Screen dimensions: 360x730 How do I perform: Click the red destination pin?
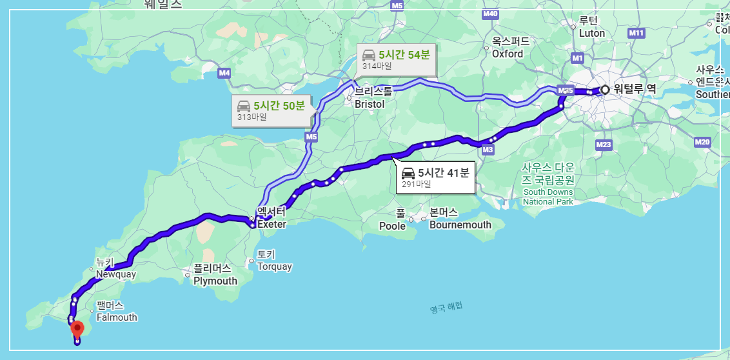click(x=77, y=329)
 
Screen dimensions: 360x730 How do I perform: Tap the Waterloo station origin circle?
click(x=605, y=90)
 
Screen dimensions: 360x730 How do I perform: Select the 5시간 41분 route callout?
click(x=436, y=176)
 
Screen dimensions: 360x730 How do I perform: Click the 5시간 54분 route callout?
click(x=397, y=59)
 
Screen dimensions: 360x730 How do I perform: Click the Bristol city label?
click(x=370, y=104)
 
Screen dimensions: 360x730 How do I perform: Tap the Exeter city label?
click(x=271, y=224)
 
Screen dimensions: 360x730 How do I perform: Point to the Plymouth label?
click(x=215, y=281)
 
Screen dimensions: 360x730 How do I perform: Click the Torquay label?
click(x=274, y=266)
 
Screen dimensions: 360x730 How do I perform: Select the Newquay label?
click(x=116, y=274)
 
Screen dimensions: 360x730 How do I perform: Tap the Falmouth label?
click(x=117, y=317)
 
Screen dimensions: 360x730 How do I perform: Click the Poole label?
click(x=392, y=226)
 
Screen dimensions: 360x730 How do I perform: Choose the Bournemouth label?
click(x=460, y=225)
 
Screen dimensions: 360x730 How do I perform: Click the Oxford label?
click(x=508, y=54)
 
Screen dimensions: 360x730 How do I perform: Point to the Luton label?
click(x=591, y=33)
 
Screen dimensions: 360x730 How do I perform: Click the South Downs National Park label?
click(x=548, y=196)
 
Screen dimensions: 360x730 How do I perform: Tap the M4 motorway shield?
click(x=224, y=73)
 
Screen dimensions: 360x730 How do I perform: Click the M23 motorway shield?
click(x=603, y=145)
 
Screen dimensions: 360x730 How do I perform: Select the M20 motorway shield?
click(x=702, y=141)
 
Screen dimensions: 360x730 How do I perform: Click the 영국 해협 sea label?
click(x=446, y=309)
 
